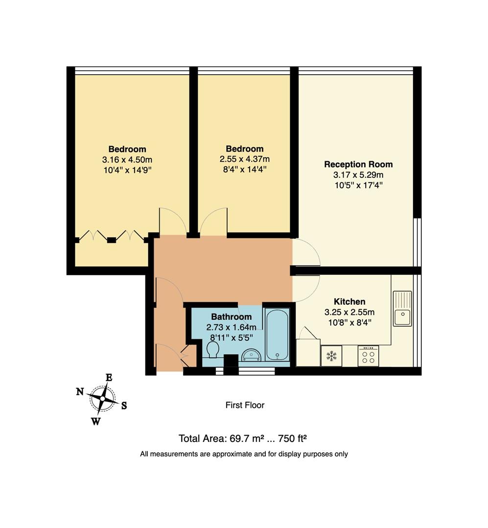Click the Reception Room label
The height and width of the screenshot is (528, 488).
coord(358,164)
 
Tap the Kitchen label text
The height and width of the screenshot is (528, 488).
coord(349,302)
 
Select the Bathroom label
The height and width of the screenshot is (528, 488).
coord(231,317)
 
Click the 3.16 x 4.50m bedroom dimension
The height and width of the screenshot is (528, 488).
coord(127,159)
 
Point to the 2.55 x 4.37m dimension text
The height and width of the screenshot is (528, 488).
coord(244,159)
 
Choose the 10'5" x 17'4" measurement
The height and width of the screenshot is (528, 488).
coord(358,185)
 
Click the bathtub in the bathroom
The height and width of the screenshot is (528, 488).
coord(277,334)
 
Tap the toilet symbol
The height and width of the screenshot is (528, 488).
coord(213,349)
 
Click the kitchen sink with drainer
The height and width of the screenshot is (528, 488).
coord(402,308)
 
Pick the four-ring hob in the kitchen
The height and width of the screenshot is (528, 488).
coord(368,356)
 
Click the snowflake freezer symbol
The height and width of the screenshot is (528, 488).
coord(331,356)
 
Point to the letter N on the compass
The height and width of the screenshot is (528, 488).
coord(80,391)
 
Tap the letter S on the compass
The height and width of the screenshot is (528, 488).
coord(124,405)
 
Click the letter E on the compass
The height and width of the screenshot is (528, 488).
coord(109,377)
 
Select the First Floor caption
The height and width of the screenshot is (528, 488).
coord(244,405)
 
